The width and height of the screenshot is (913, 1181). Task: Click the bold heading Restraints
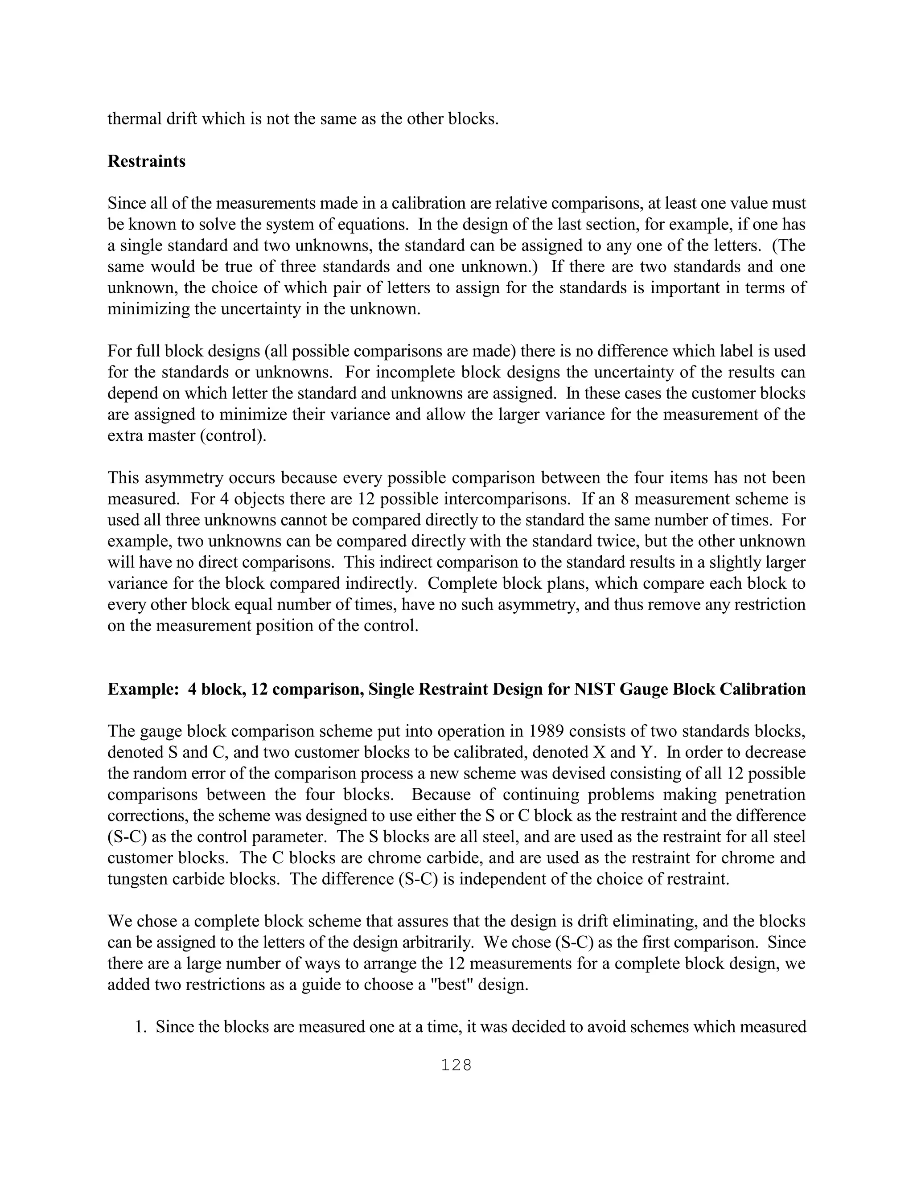(146, 161)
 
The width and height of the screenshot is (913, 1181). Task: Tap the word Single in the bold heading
(393, 689)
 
